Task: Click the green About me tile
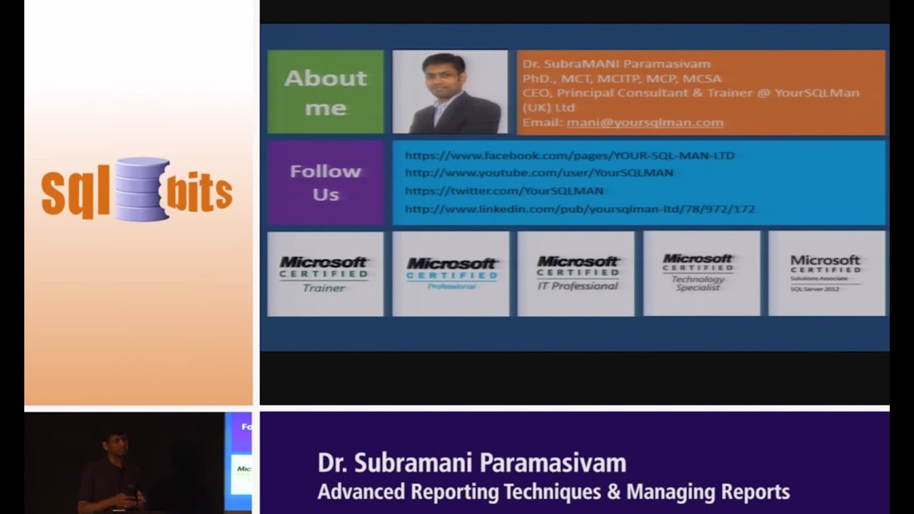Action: click(325, 92)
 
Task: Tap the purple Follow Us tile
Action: click(325, 183)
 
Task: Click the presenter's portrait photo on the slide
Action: click(450, 92)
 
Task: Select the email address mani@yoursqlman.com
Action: click(645, 123)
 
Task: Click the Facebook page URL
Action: click(569, 156)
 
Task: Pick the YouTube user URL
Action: click(538, 173)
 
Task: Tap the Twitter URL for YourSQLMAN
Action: click(503, 191)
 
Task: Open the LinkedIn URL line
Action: click(579, 209)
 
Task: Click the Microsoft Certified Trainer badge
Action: click(324, 273)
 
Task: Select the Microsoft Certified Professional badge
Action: click(451, 273)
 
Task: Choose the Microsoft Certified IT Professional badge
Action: click(576, 273)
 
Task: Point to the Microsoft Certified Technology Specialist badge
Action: click(701, 273)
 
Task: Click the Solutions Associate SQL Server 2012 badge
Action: click(826, 273)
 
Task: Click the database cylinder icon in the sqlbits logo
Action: click(141, 188)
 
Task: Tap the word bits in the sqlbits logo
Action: click(200, 191)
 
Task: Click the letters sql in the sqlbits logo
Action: click(75, 193)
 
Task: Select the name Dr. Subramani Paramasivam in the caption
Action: click(471, 463)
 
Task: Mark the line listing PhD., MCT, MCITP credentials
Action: click(621, 79)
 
